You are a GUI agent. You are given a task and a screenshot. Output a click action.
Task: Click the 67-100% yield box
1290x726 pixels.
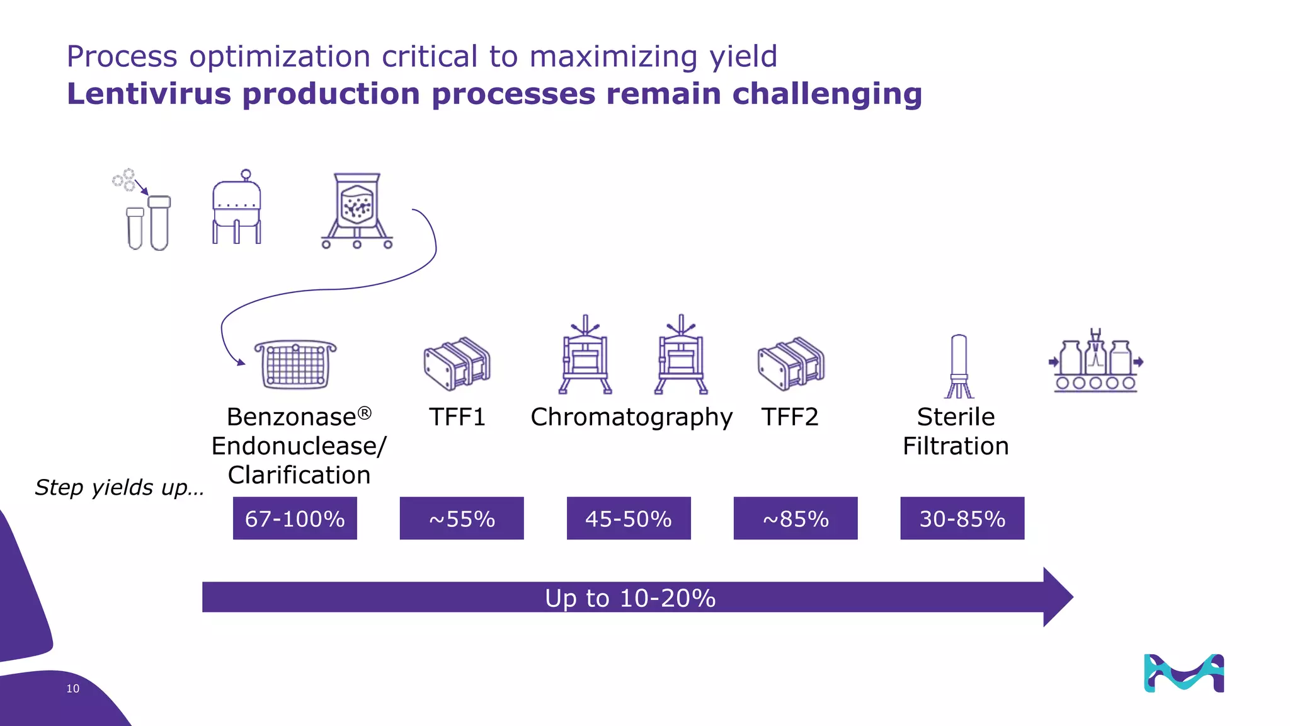point(295,518)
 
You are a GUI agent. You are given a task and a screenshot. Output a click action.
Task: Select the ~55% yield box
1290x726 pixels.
point(462,518)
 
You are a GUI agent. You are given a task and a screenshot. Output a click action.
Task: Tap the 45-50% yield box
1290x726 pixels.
point(629,518)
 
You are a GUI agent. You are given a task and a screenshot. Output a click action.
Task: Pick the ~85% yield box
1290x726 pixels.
point(796,518)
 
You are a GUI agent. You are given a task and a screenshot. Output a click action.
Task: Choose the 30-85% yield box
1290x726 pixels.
point(962,518)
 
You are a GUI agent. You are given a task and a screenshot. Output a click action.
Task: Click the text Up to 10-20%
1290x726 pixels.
point(630,597)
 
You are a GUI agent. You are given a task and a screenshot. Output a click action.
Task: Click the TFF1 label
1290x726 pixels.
point(457,417)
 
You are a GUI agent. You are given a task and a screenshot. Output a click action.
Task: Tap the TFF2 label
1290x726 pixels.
point(790,417)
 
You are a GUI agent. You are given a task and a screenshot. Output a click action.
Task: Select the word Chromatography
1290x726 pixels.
point(631,417)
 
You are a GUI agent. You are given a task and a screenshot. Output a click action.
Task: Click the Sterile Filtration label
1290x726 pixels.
point(956,432)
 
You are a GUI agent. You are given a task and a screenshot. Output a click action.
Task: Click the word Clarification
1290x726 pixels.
point(299,475)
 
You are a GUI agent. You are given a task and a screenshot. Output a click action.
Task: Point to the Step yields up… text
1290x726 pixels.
point(119,487)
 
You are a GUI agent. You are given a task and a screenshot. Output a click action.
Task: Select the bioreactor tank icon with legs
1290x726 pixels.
point(236,208)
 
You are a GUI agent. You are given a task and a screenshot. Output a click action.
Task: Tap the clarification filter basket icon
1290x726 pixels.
point(295,364)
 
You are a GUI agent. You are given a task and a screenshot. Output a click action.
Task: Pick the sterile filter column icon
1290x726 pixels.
point(959,366)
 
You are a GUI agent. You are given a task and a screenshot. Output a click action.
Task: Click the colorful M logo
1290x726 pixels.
point(1184,673)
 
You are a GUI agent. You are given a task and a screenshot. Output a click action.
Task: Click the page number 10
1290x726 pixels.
point(73,689)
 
